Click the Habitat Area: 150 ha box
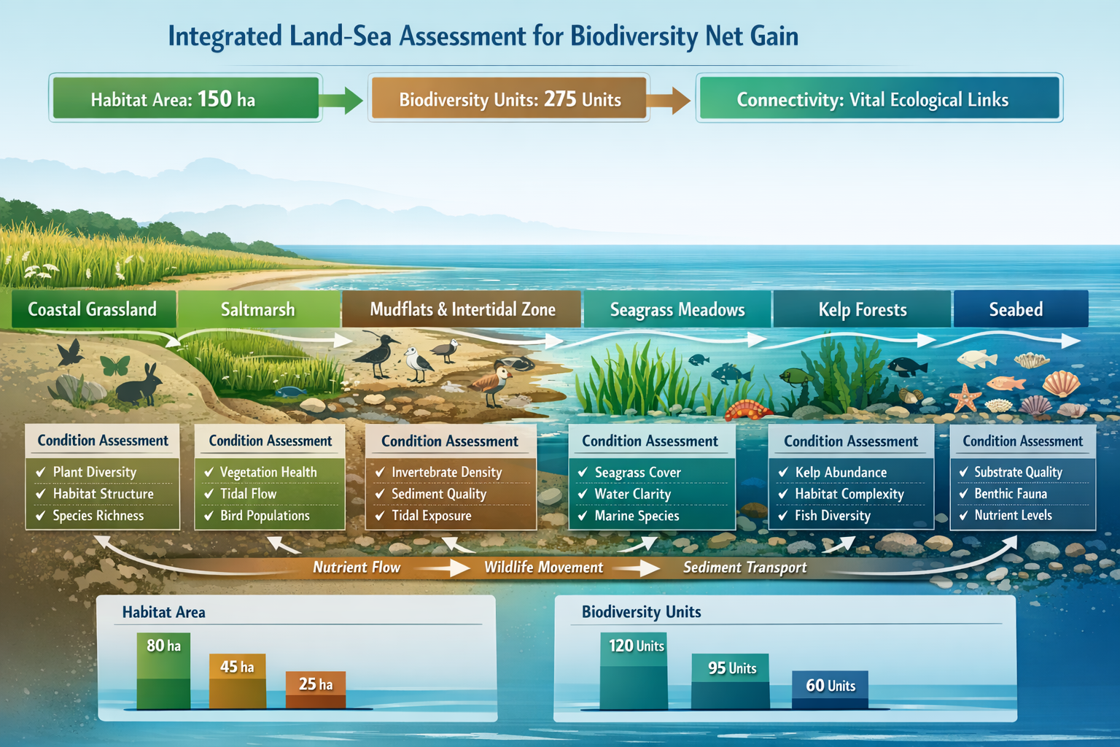pyautogui.click(x=185, y=98)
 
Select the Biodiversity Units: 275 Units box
pyautogui.click(x=509, y=98)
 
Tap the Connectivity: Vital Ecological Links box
pyautogui.click(x=879, y=98)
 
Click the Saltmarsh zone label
pyautogui.click(x=258, y=309)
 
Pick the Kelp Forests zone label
pyautogui.click(x=862, y=309)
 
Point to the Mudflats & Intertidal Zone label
pyautogui.click(x=462, y=309)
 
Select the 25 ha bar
pyautogui.click(x=315, y=690)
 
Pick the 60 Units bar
pyautogui.click(x=830, y=690)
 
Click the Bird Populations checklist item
pyautogui.click(x=265, y=516)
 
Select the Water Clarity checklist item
pyautogui.click(x=632, y=494)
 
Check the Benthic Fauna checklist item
pyautogui.click(x=1010, y=494)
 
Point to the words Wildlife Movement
pyautogui.click(x=543, y=568)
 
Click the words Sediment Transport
pyautogui.click(x=744, y=568)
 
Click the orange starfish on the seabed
pyautogui.click(x=966, y=398)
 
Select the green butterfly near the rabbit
pyautogui.click(x=114, y=365)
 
